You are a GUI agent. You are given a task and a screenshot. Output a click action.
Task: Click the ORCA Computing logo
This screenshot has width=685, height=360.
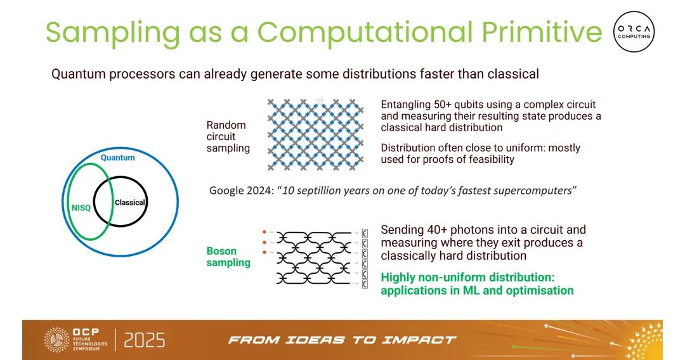pos(634,32)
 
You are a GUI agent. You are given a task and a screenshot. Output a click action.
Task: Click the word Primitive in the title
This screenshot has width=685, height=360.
pos(542,32)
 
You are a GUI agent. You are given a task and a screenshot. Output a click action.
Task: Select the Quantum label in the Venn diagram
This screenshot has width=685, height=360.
pos(117,158)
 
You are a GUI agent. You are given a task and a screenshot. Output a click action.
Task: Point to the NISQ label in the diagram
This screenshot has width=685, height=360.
pos(81,208)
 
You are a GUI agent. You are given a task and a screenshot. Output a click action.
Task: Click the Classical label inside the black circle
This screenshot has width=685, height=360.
pos(130,202)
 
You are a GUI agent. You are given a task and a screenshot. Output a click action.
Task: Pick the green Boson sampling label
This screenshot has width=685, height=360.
pos(228,257)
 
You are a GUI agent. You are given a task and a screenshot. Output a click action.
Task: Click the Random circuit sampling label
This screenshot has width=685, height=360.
pos(228,136)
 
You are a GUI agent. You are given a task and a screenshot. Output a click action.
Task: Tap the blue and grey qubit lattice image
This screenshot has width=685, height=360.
pos(315,134)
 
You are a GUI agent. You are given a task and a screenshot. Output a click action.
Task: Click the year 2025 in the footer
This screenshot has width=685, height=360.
pos(145,340)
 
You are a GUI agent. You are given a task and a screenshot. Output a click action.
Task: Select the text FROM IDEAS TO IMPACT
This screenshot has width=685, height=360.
pos(342,340)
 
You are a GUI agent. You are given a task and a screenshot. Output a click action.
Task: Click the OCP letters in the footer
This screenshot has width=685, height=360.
pos(86,332)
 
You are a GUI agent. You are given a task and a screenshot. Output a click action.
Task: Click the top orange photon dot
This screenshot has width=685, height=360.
pos(264,233)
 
